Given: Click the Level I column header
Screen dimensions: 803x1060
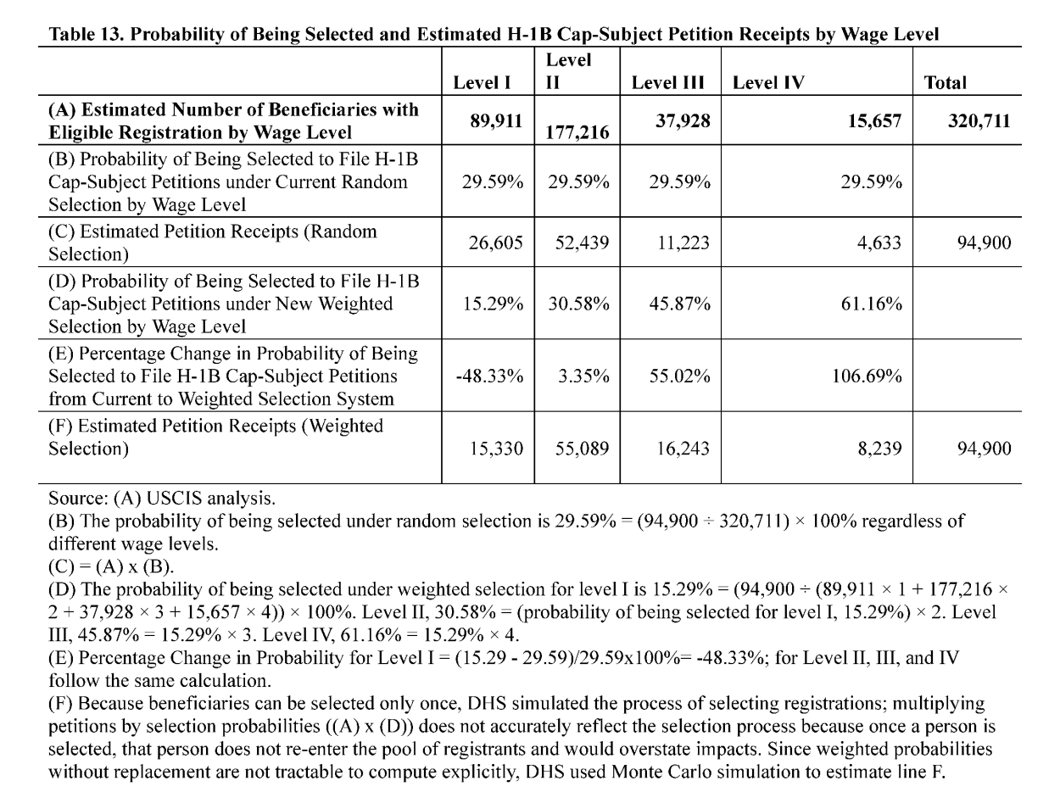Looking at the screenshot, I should point(482,82).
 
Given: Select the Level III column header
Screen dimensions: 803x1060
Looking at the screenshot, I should point(668,82).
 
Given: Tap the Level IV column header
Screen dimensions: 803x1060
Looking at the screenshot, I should point(768,82).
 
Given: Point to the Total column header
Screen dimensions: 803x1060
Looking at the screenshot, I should point(946,82).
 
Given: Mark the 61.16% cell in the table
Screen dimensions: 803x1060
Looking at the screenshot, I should point(871,304).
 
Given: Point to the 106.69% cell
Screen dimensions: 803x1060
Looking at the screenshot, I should point(866,376).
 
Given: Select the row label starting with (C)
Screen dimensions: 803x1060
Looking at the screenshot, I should point(212,243).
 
